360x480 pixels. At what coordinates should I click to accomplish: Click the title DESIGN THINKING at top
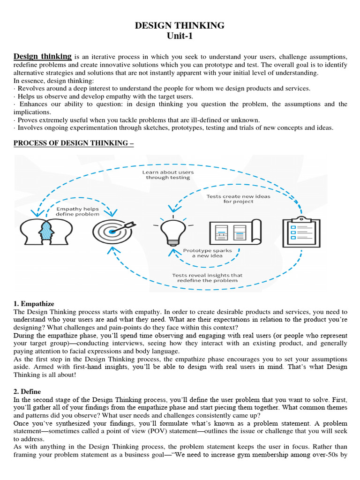click(x=180, y=25)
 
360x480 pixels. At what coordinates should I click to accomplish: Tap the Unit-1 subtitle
click(x=180, y=36)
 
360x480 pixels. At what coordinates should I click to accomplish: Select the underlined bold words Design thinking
click(x=43, y=56)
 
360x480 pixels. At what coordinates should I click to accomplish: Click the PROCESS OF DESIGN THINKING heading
click(x=74, y=143)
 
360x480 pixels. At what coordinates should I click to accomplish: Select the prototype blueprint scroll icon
click(x=234, y=232)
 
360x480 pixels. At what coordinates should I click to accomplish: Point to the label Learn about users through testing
click(x=168, y=175)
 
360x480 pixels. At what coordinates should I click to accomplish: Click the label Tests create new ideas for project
click(x=238, y=199)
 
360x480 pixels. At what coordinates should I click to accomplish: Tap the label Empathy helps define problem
click(x=77, y=211)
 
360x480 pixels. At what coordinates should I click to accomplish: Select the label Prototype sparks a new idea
click(x=207, y=253)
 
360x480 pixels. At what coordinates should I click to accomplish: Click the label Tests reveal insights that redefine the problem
click(x=207, y=278)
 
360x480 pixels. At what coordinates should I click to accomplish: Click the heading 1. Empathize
click(x=34, y=303)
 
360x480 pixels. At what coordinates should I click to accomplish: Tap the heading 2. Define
click(x=27, y=391)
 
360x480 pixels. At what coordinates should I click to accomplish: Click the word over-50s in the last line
click(x=324, y=454)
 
